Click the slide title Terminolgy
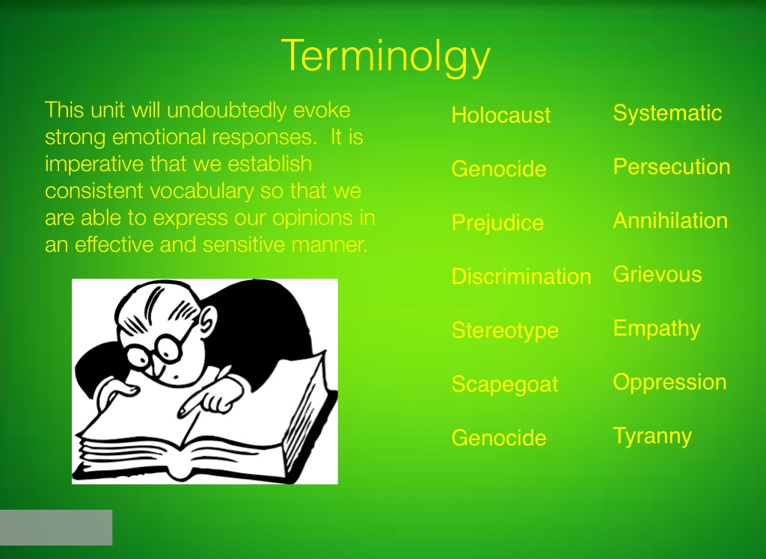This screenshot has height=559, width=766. [385, 57]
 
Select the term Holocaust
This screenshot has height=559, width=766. [500, 115]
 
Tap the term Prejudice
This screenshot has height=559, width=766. [497, 223]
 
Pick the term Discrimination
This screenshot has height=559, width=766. [521, 277]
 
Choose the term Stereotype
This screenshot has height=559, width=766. [505, 331]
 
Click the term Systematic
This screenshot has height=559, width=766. [667, 114]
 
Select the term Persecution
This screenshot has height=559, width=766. [672, 167]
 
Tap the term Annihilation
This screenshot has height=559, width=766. [670, 220]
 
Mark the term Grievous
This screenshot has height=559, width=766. [657, 274]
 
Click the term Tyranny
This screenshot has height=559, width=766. [652, 436]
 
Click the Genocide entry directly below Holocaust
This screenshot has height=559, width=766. [499, 169]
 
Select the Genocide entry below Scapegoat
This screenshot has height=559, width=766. [499, 437]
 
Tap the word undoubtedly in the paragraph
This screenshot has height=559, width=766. [227, 111]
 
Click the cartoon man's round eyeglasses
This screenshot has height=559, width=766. [156, 348]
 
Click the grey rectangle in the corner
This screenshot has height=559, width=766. [56, 528]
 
